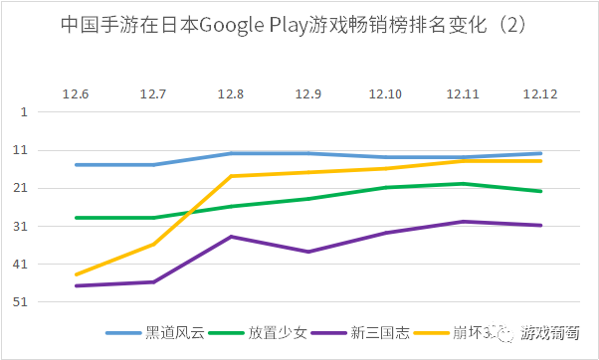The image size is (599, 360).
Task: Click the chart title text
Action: pos(299,23)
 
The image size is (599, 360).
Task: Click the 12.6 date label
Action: pos(76,93)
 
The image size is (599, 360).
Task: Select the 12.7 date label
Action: pos(153,93)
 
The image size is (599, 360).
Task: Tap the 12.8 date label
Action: pos(231,93)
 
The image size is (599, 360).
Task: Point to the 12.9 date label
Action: pos(308,93)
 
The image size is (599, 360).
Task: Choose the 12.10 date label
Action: pos(386,93)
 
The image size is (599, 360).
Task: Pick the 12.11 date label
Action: pos(464,93)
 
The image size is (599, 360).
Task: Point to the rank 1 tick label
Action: pos(23,112)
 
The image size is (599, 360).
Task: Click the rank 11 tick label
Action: pos(21,150)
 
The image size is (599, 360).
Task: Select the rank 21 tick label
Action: pos(21,188)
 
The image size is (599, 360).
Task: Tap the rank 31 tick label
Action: pos(21,227)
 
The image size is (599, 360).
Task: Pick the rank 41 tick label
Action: pos(21,265)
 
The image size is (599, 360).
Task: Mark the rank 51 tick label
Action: pos(21,302)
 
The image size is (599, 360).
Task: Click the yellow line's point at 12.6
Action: pos(76,274)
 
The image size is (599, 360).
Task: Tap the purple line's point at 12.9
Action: pos(308,252)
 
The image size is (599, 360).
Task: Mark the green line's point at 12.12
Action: pos(541,191)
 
